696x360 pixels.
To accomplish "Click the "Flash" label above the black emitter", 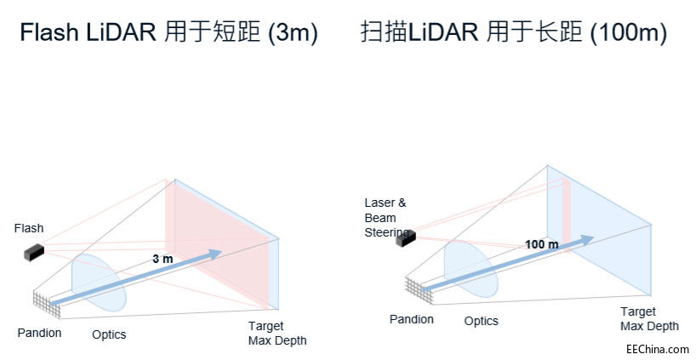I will (28, 228).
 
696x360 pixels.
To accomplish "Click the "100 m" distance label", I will (542, 244).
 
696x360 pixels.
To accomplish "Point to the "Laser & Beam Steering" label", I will (385, 217).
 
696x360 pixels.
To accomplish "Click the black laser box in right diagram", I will (405, 237).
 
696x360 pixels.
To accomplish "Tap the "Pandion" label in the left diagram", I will (39, 333).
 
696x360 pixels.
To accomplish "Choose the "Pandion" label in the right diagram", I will (412, 319).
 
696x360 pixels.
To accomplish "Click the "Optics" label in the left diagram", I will (109, 334).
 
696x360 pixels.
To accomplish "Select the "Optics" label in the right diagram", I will (482, 321).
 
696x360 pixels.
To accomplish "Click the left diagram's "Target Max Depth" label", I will (277, 334).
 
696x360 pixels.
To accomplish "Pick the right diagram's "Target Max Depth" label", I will (649, 319).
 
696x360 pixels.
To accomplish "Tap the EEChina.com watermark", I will (657, 349).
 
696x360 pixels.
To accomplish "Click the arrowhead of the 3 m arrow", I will (215, 254).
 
